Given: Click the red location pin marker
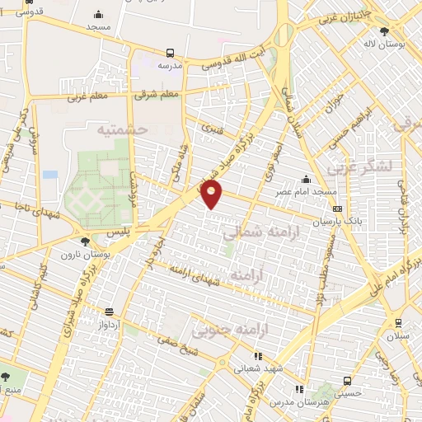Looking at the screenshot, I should (x=212, y=194).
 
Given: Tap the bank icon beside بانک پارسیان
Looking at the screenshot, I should (x=336, y=209).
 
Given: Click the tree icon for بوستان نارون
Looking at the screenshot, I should (x=86, y=242).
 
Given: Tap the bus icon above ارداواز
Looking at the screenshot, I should (x=110, y=312).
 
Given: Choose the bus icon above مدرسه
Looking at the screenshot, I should (x=171, y=51).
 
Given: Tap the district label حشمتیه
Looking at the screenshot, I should (x=121, y=130).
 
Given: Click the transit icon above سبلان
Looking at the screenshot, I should (x=398, y=323).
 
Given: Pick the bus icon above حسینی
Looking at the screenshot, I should (x=348, y=381).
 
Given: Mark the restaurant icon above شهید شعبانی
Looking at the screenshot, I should (x=259, y=356).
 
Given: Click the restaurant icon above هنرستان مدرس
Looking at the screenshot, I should (x=298, y=388).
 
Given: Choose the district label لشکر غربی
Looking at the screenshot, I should (x=358, y=169).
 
